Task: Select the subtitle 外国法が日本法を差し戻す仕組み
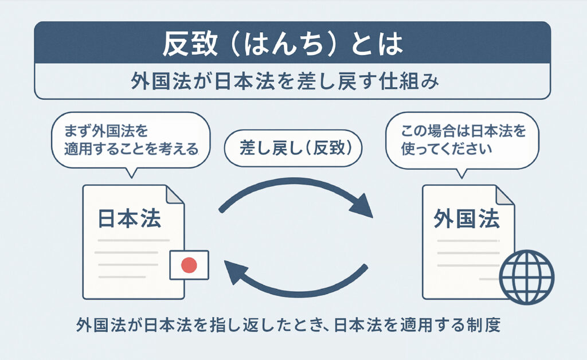coord(292,81)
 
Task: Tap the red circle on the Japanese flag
coord(189,265)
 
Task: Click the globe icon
coord(526,277)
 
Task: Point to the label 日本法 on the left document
coord(130,218)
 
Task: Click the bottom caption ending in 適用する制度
coord(289,326)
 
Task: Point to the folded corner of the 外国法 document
coord(505,194)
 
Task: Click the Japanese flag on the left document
coord(189,265)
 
